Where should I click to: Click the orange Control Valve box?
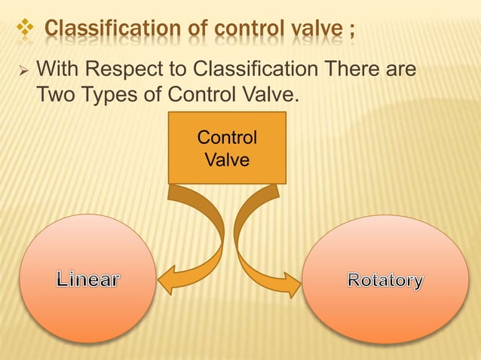pyautogui.click(x=227, y=148)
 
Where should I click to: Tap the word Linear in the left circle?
pyautogui.click(x=87, y=280)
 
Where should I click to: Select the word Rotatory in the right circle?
pyautogui.click(x=385, y=281)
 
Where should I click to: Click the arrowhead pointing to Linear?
pyautogui.click(x=167, y=278)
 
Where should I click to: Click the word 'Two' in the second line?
pyautogui.click(x=55, y=96)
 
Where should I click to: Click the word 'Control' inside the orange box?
pyautogui.click(x=227, y=139)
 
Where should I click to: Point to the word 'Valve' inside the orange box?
pyautogui.click(x=227, y=160)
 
